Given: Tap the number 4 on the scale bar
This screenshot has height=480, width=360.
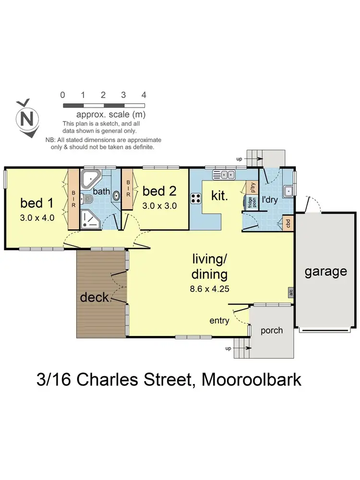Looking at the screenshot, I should [x=144, y=95].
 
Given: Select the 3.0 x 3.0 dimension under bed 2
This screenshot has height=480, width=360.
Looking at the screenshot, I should [x=160, y=206].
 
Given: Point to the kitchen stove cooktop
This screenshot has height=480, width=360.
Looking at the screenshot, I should [x=196, y=197].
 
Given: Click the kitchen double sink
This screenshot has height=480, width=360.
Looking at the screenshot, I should [x=224, y=175].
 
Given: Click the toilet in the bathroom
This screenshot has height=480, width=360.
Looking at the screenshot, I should [x=87, y=198].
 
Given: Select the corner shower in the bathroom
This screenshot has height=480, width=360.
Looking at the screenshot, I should [x=90, y=219].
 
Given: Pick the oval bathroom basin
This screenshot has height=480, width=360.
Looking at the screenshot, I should [x=116, y=194].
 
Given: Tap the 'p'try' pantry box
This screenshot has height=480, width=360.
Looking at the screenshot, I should [x=250, y=186].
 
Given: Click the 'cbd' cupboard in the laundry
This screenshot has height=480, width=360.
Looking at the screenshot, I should [x=288, y=223].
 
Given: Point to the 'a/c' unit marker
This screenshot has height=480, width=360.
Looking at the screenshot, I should [x=291, y=292].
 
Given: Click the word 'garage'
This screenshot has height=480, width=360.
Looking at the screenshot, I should [x=326, y=272].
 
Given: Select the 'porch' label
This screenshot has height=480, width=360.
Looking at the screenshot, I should [x=271, y=330].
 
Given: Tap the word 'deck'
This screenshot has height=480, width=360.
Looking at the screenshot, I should [x=95, y=298].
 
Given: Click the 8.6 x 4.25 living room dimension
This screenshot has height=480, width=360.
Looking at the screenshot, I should [x=209, y=289].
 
